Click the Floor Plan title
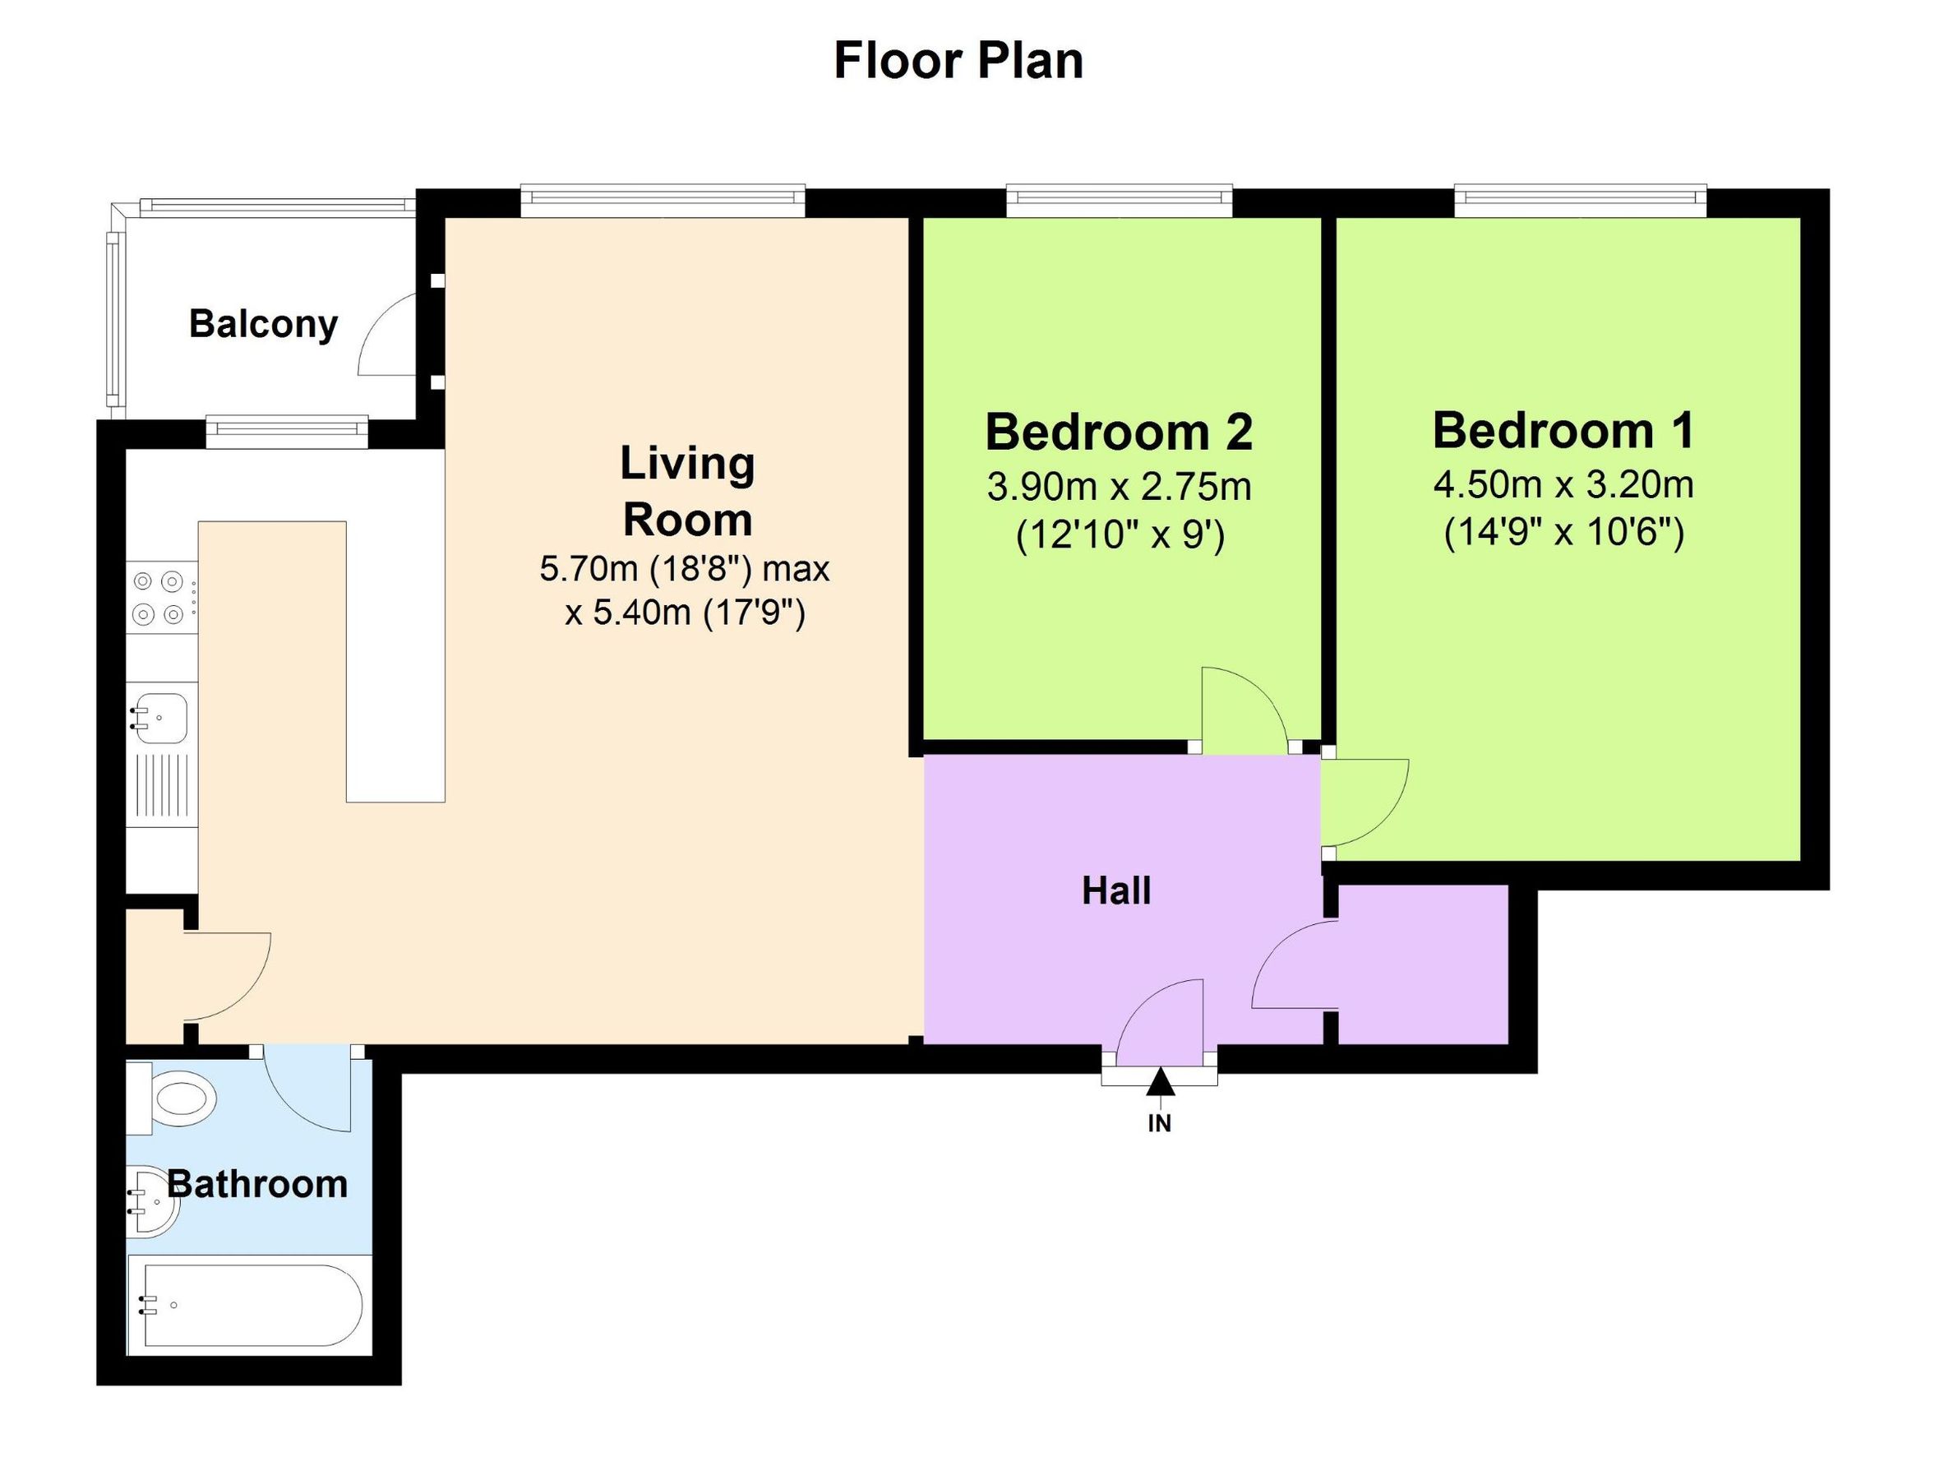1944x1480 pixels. pos(958,62)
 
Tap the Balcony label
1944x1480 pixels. pos(263,324)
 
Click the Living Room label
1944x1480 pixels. pos(687,491)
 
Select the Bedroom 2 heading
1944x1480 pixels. pos(1119,432)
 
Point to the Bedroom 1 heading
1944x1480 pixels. pos(1563,430)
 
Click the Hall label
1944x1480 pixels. pos(1116,890)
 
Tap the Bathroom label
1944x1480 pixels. pos(257,1184)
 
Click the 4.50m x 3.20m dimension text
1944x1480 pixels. pos(1563,484)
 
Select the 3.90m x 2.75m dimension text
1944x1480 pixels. pos(1119,486)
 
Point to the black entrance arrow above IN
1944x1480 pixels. pos(1160,1082)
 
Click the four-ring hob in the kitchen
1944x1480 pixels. pos(160,597)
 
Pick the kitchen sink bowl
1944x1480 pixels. pos(160,718)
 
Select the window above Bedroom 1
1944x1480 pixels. pos(1579,200)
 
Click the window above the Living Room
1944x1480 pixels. pos(663,200)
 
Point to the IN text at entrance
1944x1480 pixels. pos(1159,1123)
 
